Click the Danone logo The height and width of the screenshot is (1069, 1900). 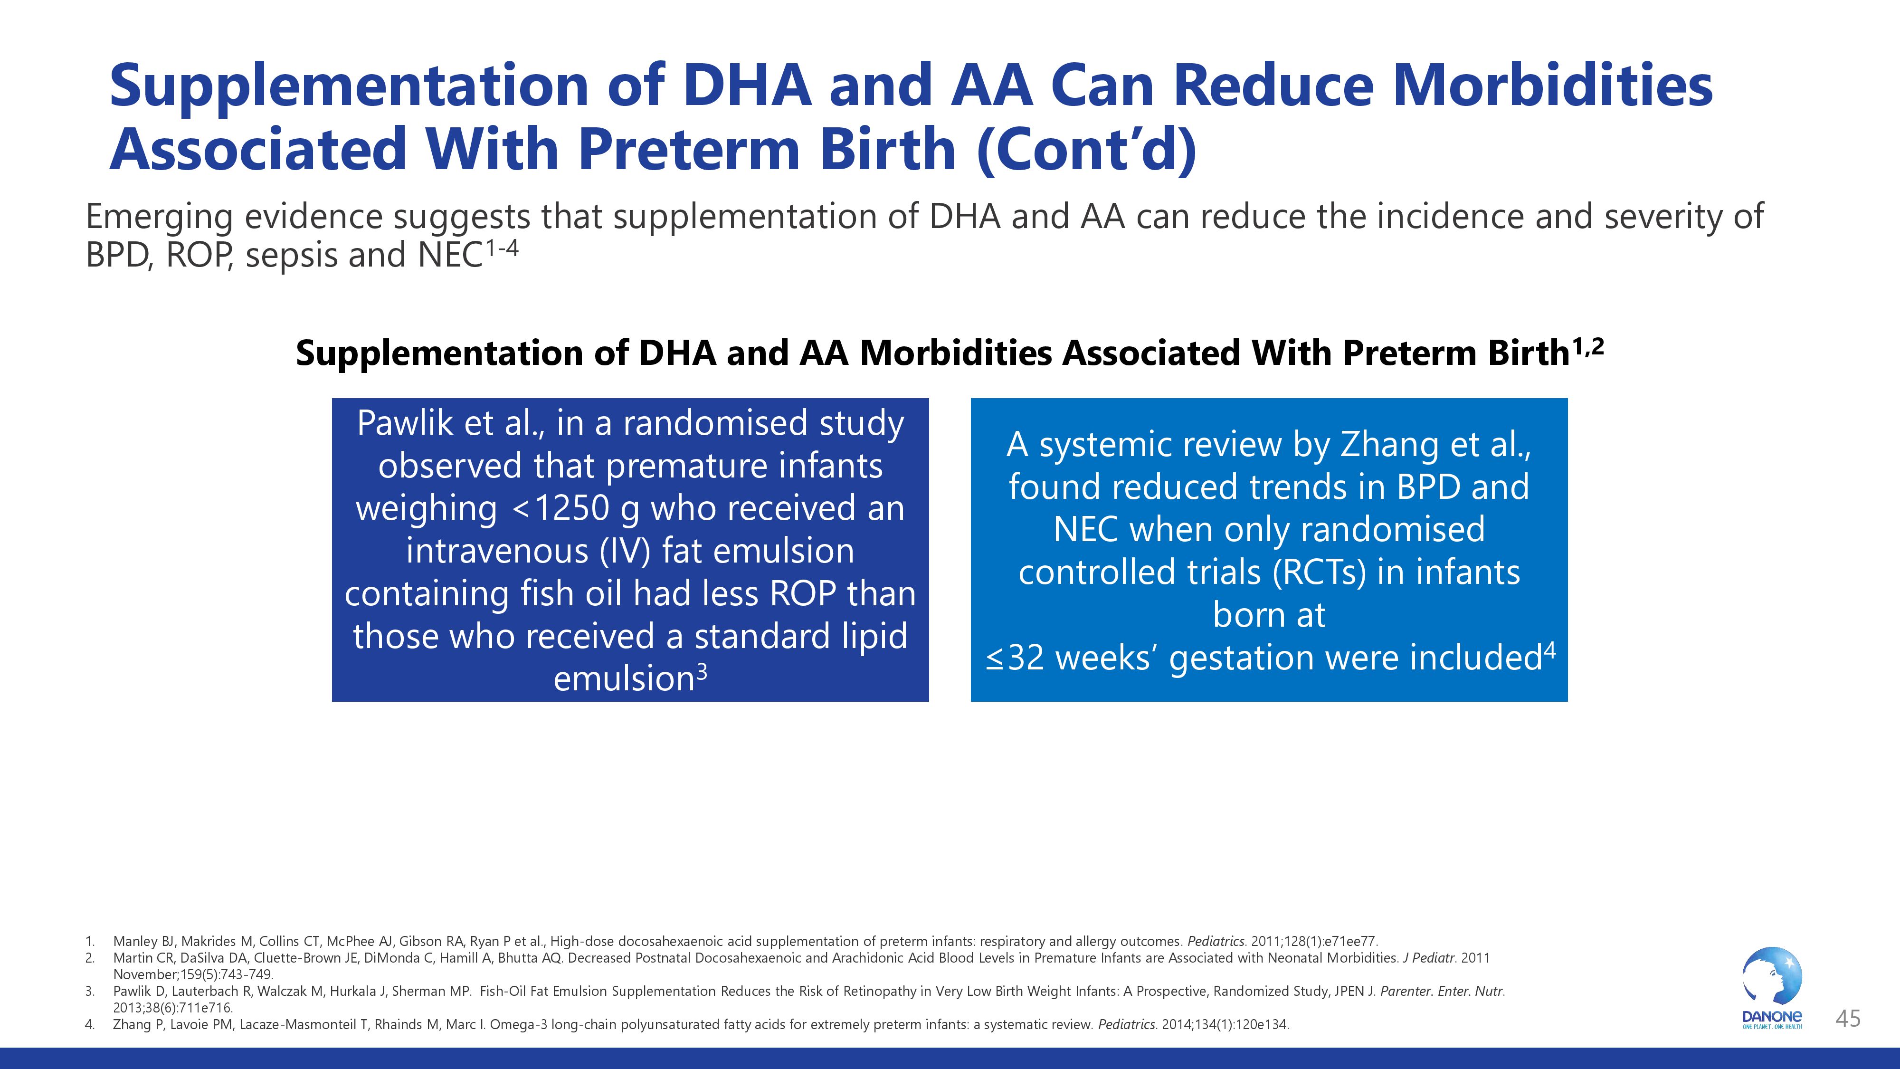pos(1772,987)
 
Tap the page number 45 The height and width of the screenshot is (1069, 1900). pos(1848,1019)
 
